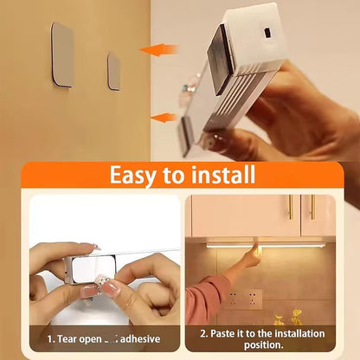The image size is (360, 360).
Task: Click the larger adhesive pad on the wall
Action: click(62, 54)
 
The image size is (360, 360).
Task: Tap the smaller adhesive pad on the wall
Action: click(113, 71)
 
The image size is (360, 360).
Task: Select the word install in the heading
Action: click(218, 176)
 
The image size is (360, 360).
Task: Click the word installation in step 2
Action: click(294, 332)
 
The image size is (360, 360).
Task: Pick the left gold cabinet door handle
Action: click(290, 206)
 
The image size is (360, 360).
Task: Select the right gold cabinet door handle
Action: click(313, 206)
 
